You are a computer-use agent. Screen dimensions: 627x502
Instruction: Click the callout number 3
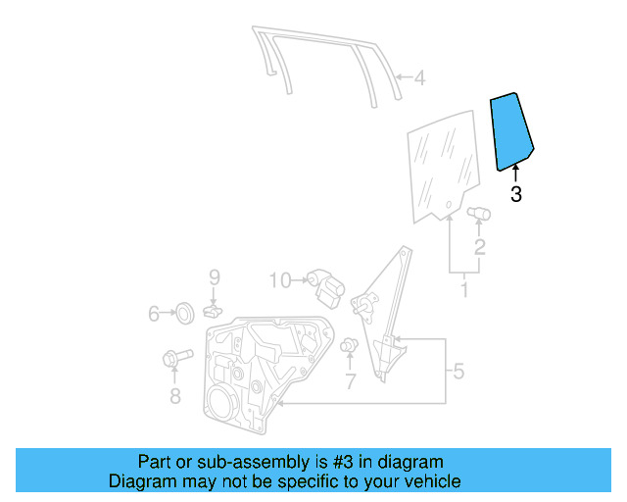(x=516, y=195)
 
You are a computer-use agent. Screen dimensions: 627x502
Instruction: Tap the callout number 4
(x=418, y=78)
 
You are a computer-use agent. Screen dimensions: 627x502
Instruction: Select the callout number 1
(x=464, y=290)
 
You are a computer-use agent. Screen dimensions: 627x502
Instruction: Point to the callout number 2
(x=480, y=247)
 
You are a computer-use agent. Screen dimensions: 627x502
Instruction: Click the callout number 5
(x=457, y=372)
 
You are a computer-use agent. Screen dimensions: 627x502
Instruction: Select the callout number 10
(x=280, y=281)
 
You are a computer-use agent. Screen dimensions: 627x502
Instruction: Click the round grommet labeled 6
(x=181, y=314)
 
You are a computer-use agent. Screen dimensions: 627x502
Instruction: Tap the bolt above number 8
(x=170, y=362)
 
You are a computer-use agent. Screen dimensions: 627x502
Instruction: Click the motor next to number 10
(x=324, y=283)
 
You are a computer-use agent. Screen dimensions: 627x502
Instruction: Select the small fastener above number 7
(x=349, y=346)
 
